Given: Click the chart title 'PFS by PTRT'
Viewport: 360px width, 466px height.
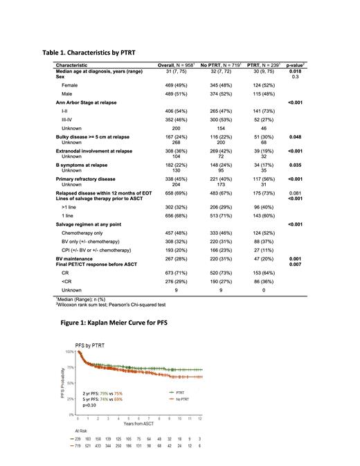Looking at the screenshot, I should (x=93, y=346).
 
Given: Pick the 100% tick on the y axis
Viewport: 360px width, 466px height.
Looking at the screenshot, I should (x=71, y=352).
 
